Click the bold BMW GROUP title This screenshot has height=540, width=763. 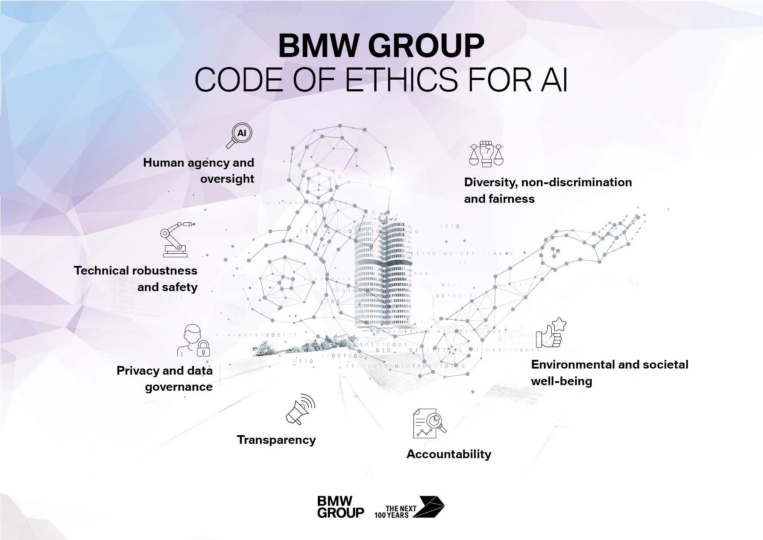[x=381, y=46]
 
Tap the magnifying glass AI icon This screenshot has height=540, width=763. [x=239, y=136]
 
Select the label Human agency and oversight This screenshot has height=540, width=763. [x=199, y=171]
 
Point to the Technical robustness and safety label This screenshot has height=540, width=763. [x=136, y=278]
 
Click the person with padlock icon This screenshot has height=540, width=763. [x=194, y=340]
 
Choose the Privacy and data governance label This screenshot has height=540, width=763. [x=165, y=379]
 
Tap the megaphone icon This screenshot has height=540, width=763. [x=300, y=409]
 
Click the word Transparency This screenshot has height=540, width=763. [x=276, y=440]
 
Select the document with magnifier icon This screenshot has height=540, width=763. [x=429, y=423]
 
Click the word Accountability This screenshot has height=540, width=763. [x=449, y=454]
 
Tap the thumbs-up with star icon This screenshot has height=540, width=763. [x=551, y=332]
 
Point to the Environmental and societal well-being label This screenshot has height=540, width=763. [x=610, y=372]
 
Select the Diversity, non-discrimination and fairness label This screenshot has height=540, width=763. [x=548, y=190]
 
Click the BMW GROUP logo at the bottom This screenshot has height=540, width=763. [x=340, y=507]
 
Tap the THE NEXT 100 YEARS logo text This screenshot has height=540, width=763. [x=395, y=512]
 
